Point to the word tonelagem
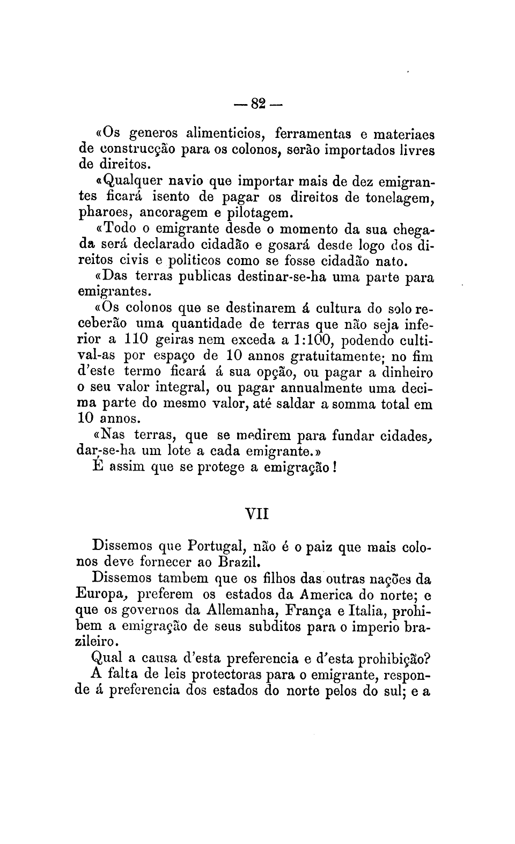[x=399, y=197]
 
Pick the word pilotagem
[x=259, y=213]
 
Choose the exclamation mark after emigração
[x=334, y=467]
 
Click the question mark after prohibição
[x=429, y=658]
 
